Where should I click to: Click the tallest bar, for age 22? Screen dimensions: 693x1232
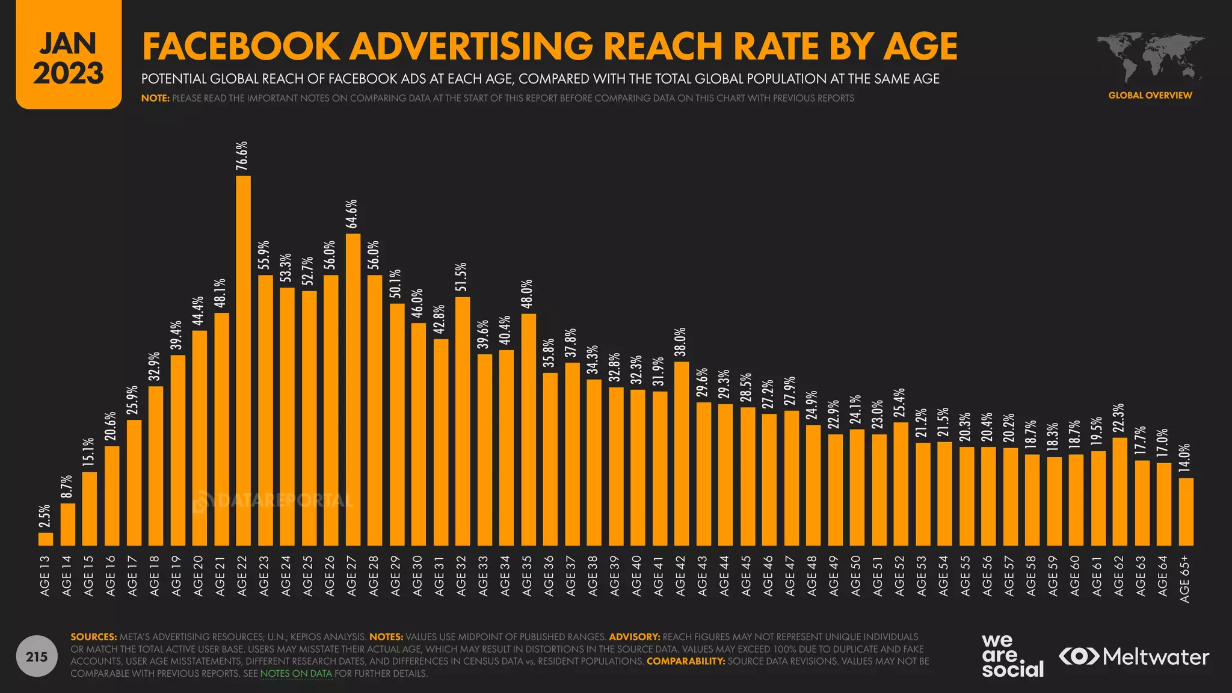[243, 361]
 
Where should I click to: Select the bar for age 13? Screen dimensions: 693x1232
[46, 539]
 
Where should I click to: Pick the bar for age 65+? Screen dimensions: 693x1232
[1186, 512]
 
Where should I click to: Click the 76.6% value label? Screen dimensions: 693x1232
[242, 156]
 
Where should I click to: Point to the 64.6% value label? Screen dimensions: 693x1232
[353, 214]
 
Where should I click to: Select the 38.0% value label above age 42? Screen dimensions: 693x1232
[681, 342]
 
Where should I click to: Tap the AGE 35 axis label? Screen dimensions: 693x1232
[528, 576]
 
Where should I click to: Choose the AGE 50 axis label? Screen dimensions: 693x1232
[856, 576]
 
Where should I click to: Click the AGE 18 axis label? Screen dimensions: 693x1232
[155, 576]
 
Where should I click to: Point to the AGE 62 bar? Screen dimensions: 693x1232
[1120, 491]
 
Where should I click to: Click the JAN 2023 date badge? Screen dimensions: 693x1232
[69, 55]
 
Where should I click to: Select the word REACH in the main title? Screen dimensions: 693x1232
[665, 46]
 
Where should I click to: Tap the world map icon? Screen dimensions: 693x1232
[1150, 57]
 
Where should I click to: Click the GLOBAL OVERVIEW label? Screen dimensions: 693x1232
[1150, 95]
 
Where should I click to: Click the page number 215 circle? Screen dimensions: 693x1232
[37, 656]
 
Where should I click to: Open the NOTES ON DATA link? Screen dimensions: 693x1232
[296, 674]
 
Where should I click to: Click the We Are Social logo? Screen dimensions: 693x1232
[1012, 656]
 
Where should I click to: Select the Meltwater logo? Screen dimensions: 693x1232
[1134, 656]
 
